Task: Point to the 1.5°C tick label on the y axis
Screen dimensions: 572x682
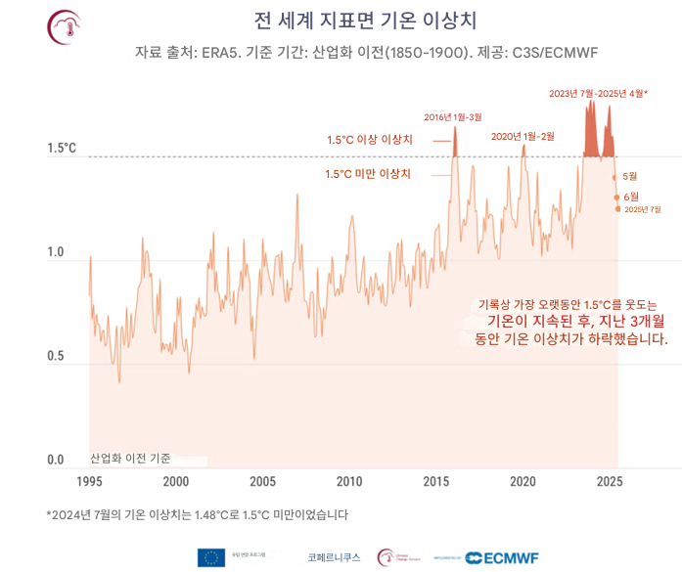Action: point(62,149)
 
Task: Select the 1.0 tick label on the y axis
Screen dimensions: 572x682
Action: point(57,252)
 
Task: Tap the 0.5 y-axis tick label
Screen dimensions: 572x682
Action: point(57,356)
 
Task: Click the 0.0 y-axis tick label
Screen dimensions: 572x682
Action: point(57,460)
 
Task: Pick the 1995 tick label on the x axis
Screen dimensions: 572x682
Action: point(89,481)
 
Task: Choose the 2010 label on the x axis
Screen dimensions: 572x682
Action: point(349,481)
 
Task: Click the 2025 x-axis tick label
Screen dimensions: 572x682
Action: point(610,481)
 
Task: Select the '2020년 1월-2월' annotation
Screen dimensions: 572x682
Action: point(523,136)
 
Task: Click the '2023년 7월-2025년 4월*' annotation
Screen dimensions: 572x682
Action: point(599,94)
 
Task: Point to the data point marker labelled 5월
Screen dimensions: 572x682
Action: point(614,177)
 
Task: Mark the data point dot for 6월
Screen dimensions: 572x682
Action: point(616,198)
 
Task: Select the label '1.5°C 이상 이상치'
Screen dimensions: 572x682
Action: point(370,140)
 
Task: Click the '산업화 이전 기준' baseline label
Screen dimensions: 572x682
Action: point(130,458)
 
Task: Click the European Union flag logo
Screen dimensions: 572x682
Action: point(210,557)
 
